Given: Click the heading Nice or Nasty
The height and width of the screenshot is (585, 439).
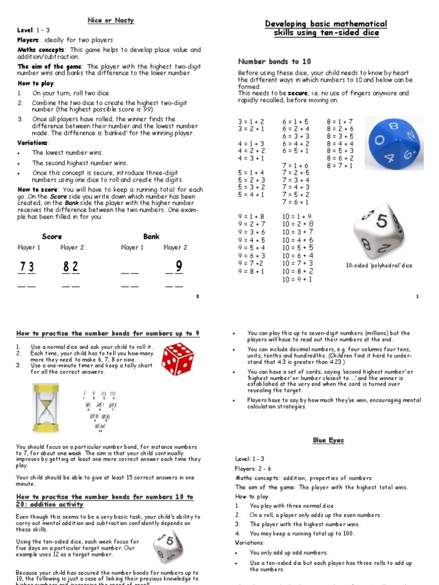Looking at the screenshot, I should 110,21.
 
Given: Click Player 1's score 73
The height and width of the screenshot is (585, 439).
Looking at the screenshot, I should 27,267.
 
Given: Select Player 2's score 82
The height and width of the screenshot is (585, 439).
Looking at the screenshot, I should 71,267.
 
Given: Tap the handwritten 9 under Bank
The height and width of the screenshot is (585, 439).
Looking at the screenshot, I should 179,267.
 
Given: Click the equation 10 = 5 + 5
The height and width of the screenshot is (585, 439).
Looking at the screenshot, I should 297,248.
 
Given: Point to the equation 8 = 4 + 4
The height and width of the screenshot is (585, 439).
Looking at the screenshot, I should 340,143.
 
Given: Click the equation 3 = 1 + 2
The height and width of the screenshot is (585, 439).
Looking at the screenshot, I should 252,122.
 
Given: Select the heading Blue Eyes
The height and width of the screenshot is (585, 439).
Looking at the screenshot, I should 328,440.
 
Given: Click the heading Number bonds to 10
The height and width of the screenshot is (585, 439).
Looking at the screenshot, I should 274,61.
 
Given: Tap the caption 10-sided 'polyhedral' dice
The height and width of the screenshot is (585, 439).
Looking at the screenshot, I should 379,266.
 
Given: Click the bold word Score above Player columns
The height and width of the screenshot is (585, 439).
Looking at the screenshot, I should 52,237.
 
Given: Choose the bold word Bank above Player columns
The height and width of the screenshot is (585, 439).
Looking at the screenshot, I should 151,237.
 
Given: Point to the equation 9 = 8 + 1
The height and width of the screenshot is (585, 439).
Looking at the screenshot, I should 252,271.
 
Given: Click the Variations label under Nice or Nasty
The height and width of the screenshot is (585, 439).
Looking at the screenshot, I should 33,142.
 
